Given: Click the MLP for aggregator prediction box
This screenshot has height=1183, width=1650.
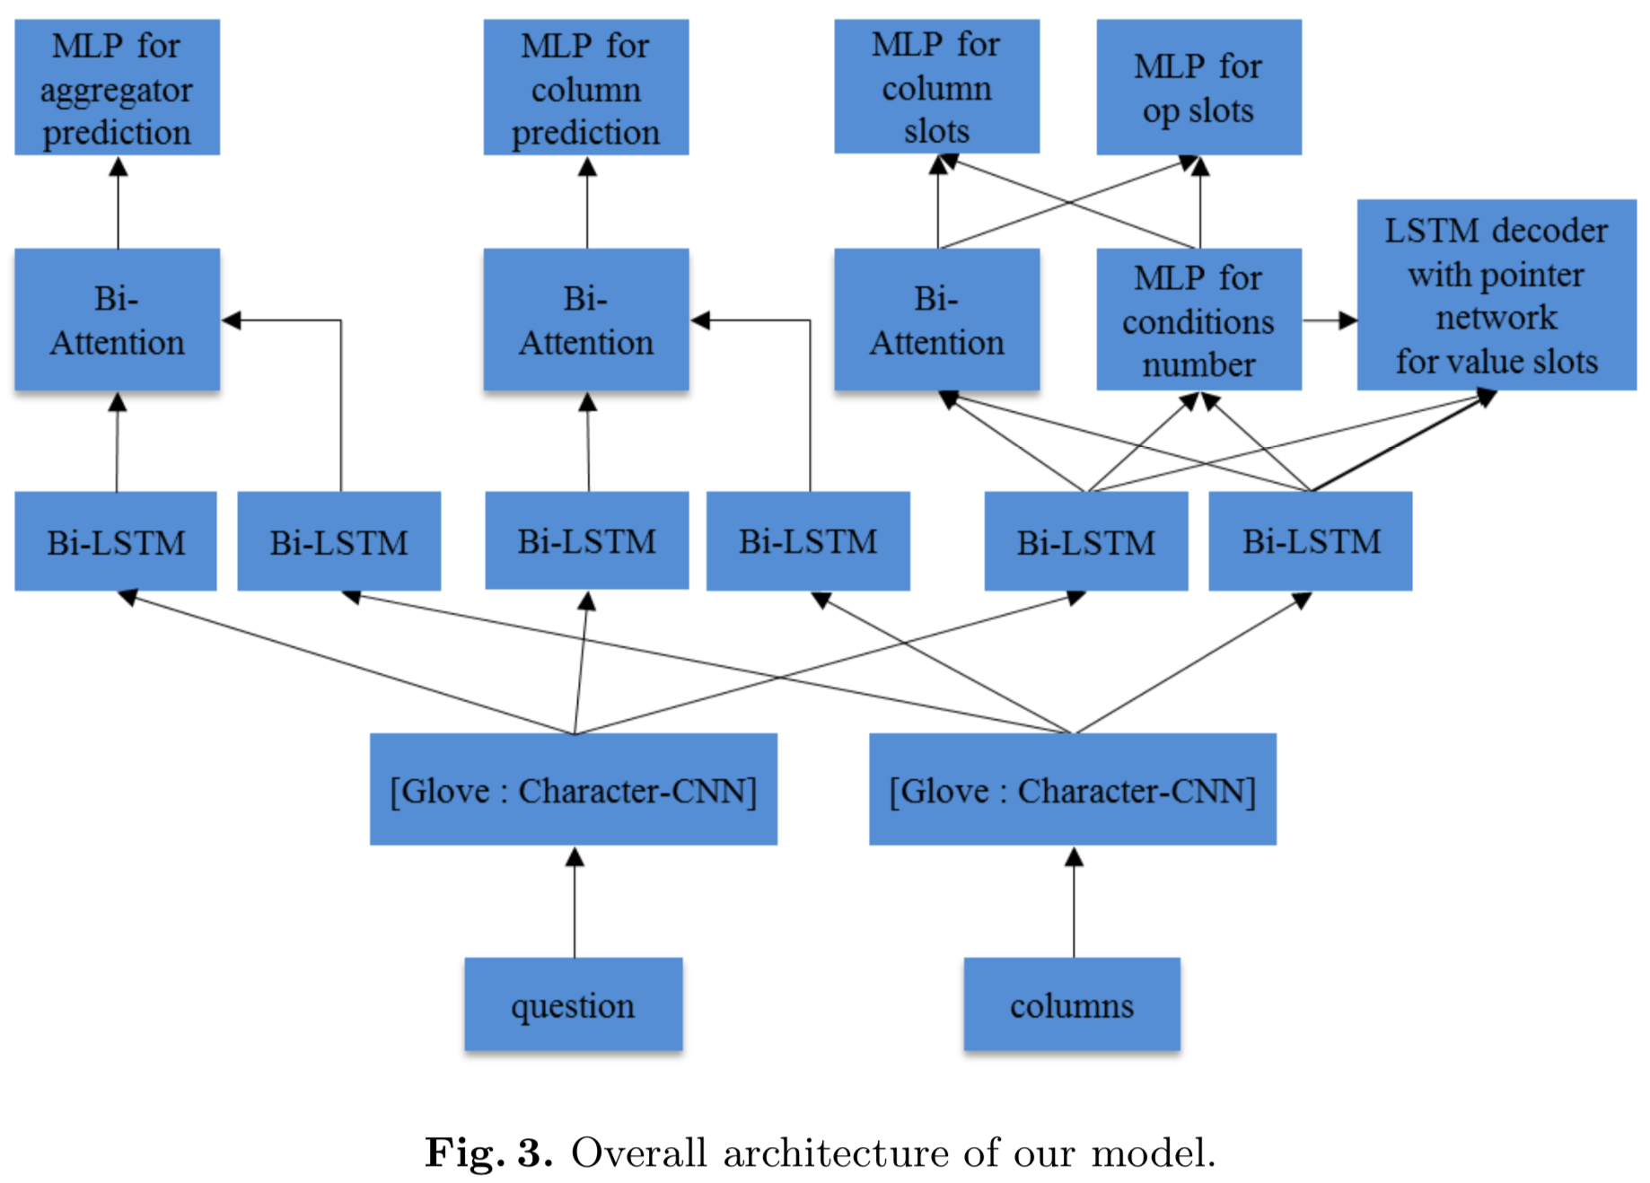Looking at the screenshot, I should pyautogui.click(x=117, y=88).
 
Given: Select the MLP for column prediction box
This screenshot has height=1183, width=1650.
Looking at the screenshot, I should pyautogui.click(x=585, y=88).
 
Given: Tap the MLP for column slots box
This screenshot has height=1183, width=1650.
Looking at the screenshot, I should pyautogui.click(x=936, y=87).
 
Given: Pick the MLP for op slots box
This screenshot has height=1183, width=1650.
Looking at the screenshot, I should pyautogui.click(x=1198, y=88).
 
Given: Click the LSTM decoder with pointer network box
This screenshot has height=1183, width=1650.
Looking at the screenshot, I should pyautogui.click(x=1496, y=295).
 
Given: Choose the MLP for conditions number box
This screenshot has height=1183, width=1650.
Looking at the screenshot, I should pyautogui.click(x=1198, y=320).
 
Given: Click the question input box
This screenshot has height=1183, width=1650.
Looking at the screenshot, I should pyautogui.click(x=573, y=1004).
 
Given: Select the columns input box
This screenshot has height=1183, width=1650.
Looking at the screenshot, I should pyautogui.click(x=1072, y=1004).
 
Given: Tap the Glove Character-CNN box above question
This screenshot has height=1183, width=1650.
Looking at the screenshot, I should pyautogui.click(x=573, y=790).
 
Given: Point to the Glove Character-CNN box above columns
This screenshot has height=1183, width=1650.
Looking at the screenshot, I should pyautogui.click(x=1072, y=790).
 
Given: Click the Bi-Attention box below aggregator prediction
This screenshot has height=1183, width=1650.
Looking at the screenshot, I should pyautogui.click(x=117, y=320).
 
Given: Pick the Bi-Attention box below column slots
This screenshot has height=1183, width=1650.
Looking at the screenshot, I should pyautogui.click(x=936, y=320).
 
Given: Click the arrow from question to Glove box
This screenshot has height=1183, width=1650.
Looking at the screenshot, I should pyautogui.click(x=575, y=902).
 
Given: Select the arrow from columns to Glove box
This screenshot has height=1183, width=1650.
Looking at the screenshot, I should pyautogui.click(x=1074, y=902).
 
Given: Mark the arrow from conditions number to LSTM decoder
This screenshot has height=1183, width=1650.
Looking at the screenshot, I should pyautogui.click(x=1329, y=320).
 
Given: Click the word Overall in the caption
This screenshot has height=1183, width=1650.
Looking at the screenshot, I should pyautogui.click(x=638, y=1152).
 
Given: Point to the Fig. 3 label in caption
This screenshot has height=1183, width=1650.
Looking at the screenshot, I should pyautogui.click(x=488, y=1152).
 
